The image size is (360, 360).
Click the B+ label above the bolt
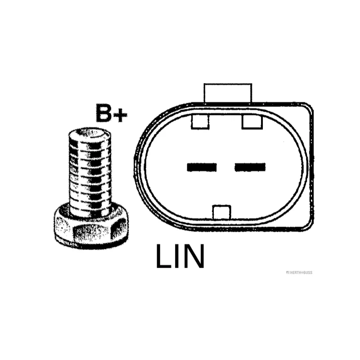(111, 113)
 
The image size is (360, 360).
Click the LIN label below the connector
(180, 256)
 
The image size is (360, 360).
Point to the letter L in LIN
(164, 256)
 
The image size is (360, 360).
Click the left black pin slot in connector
(202, 167)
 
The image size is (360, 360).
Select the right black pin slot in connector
(250, 167)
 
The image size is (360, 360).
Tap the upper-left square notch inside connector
(200, 121)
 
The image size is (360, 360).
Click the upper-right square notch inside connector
(252, 121)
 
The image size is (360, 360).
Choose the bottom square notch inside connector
(222, 212)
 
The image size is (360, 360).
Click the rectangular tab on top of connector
(228, 93)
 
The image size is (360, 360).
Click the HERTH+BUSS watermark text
(299, 273)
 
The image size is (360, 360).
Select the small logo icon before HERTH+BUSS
(288, 273)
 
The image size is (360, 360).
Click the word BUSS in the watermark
(308, 273)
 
